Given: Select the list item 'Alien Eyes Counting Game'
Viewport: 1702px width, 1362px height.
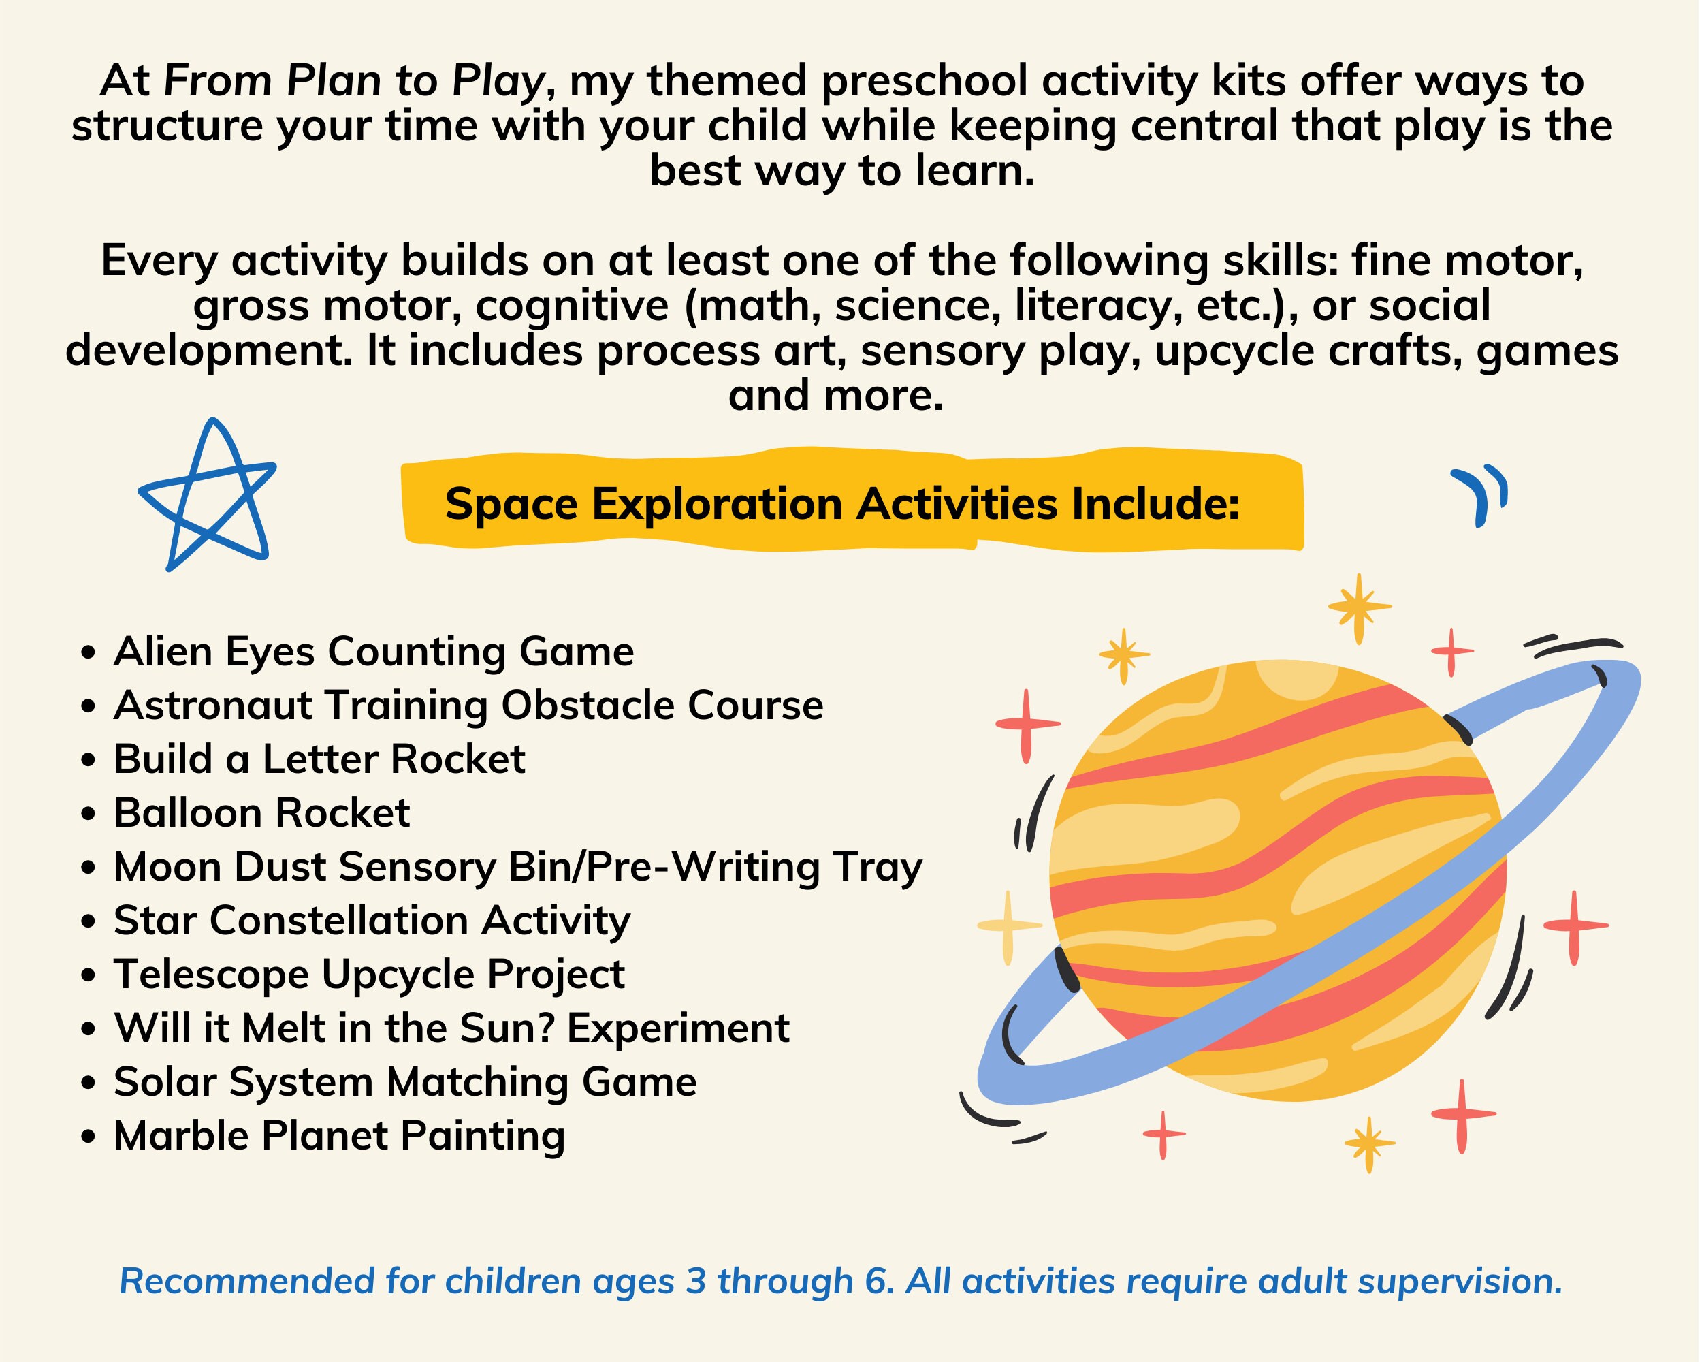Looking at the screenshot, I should point(373,652).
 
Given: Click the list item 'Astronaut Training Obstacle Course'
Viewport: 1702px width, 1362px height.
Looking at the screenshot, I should point(468,706).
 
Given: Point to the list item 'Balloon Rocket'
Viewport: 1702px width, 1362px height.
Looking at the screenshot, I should point(261,813).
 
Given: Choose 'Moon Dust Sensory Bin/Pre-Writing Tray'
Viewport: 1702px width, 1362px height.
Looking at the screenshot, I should point(518,867).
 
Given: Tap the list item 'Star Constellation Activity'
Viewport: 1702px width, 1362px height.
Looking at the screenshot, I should point(372,921).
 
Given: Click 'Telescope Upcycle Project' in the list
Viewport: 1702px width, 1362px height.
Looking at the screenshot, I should point(369,975).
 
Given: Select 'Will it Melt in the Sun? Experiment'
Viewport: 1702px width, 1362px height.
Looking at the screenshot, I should point(451,1028).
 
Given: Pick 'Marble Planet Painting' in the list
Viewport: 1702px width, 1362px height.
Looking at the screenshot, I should point(340,1136).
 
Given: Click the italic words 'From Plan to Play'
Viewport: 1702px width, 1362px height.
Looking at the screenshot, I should point(353,81).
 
